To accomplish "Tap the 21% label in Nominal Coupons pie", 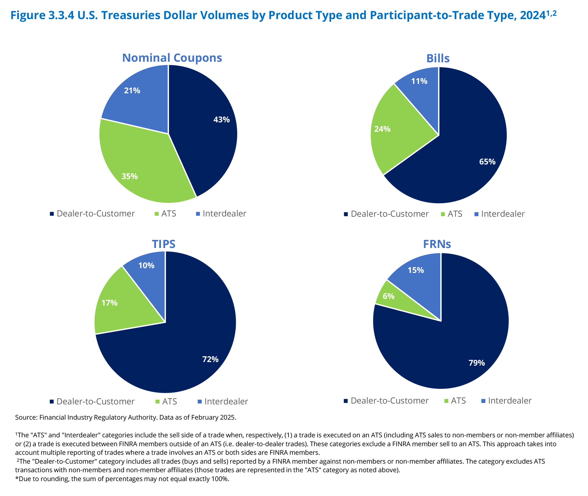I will (132, 91).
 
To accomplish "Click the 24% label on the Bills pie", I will (382, 129).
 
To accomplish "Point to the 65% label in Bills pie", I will (487, 162).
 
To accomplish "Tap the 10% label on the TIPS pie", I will (146, 265).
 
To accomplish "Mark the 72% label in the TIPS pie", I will (210, 359).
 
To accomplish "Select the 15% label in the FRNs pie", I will (415, 270).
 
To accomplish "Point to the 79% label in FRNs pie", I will (477, 363).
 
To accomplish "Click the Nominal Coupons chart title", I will (172, 58).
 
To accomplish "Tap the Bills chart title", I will (438, 58).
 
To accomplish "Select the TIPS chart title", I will (163, 244).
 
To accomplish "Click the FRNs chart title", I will (437, 244).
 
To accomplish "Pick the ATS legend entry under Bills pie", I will (454, 214).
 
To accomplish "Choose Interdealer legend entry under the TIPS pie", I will (226, 402).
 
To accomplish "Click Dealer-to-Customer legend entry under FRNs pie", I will (389, 401).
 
